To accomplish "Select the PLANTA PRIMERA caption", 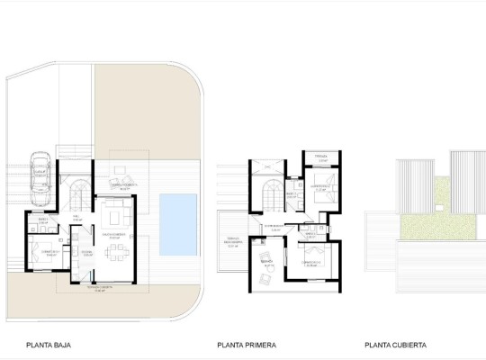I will click(247, 344).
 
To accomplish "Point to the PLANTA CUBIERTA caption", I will click(396, 344).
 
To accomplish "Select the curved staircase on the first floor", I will click(269, 190).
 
